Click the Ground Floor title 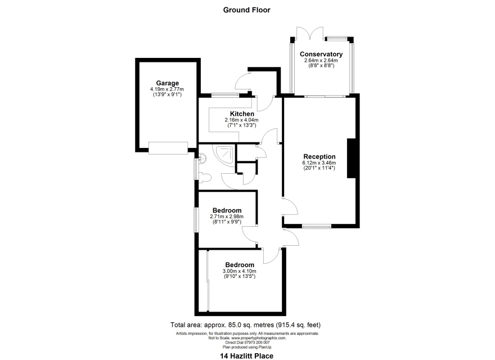tap(246, 10)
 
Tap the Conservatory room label tap(321, 54)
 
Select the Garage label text tap(167, 83)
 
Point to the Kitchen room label tap(242, 114)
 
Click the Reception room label tap(319, 156)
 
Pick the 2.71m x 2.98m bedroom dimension tap(227, 217)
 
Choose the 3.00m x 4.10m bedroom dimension tap(239, 271)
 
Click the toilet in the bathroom tap(205, 178)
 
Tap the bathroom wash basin tap(202, 158)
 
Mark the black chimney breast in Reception tap(352, 158)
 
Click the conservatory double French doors tap(310, 34)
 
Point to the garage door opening tap(168, 148)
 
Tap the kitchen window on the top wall tap(225, 94)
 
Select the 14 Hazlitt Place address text tap(246, 356)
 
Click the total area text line tap(245, 325)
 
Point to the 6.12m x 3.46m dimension tap(319, 163)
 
